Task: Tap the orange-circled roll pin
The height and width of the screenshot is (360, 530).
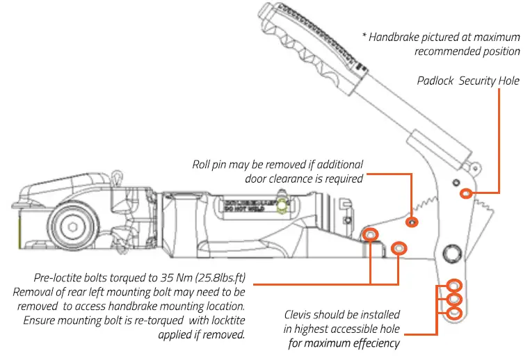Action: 413,222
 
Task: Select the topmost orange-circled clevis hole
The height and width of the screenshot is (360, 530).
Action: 453,286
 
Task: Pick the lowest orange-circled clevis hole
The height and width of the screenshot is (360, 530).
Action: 453,313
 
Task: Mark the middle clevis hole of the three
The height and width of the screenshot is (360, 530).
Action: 453,300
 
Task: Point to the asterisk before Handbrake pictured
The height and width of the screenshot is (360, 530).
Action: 364,37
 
